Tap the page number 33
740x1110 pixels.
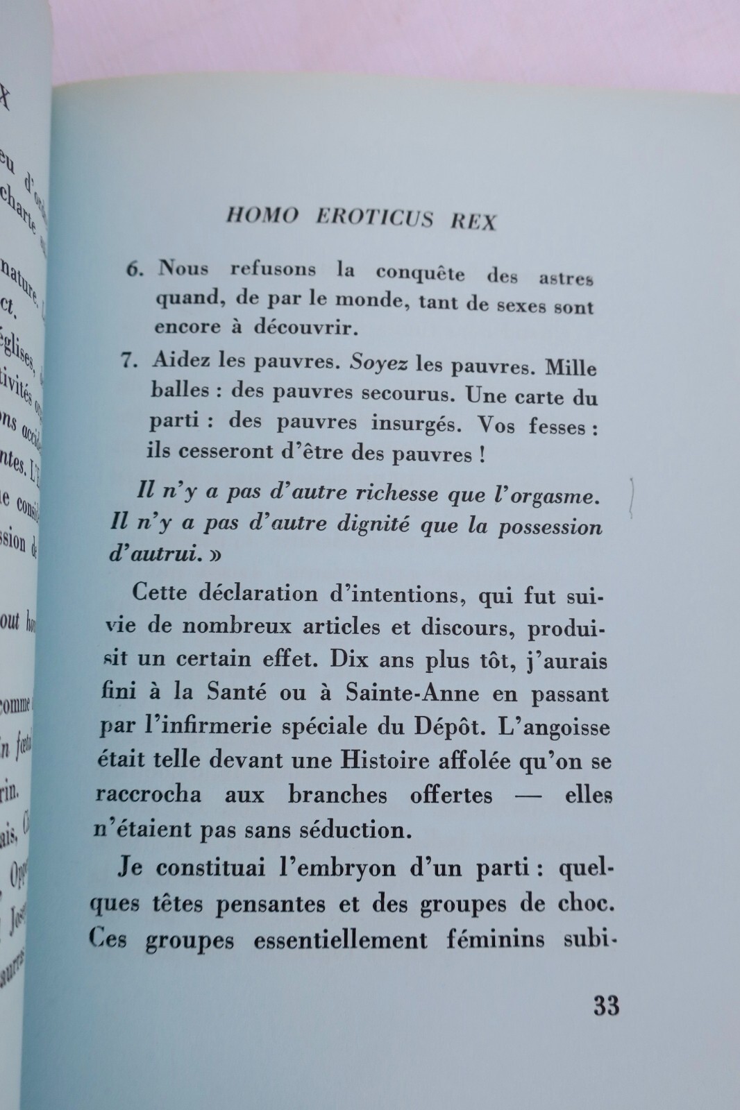click(x=606, y=1006)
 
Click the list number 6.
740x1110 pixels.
click(x=134, y=269)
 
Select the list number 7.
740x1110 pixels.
click(x=132, y=359)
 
